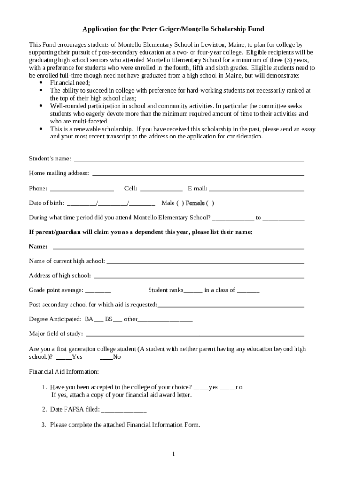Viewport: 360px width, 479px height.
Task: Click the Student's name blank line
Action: coord(189,159)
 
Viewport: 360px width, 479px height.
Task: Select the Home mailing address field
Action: coord(198,174)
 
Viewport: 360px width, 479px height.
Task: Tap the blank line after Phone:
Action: coord(82,189)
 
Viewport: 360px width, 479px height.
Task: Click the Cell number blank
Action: coord(161,189)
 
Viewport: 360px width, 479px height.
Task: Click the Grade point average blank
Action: coord(98,291)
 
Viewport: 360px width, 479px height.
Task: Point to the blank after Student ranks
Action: coord(193,291)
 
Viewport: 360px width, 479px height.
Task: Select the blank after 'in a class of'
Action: coord(248,291)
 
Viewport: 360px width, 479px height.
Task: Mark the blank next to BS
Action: coord(118,320)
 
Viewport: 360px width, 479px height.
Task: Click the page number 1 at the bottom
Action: coord(173,454)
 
